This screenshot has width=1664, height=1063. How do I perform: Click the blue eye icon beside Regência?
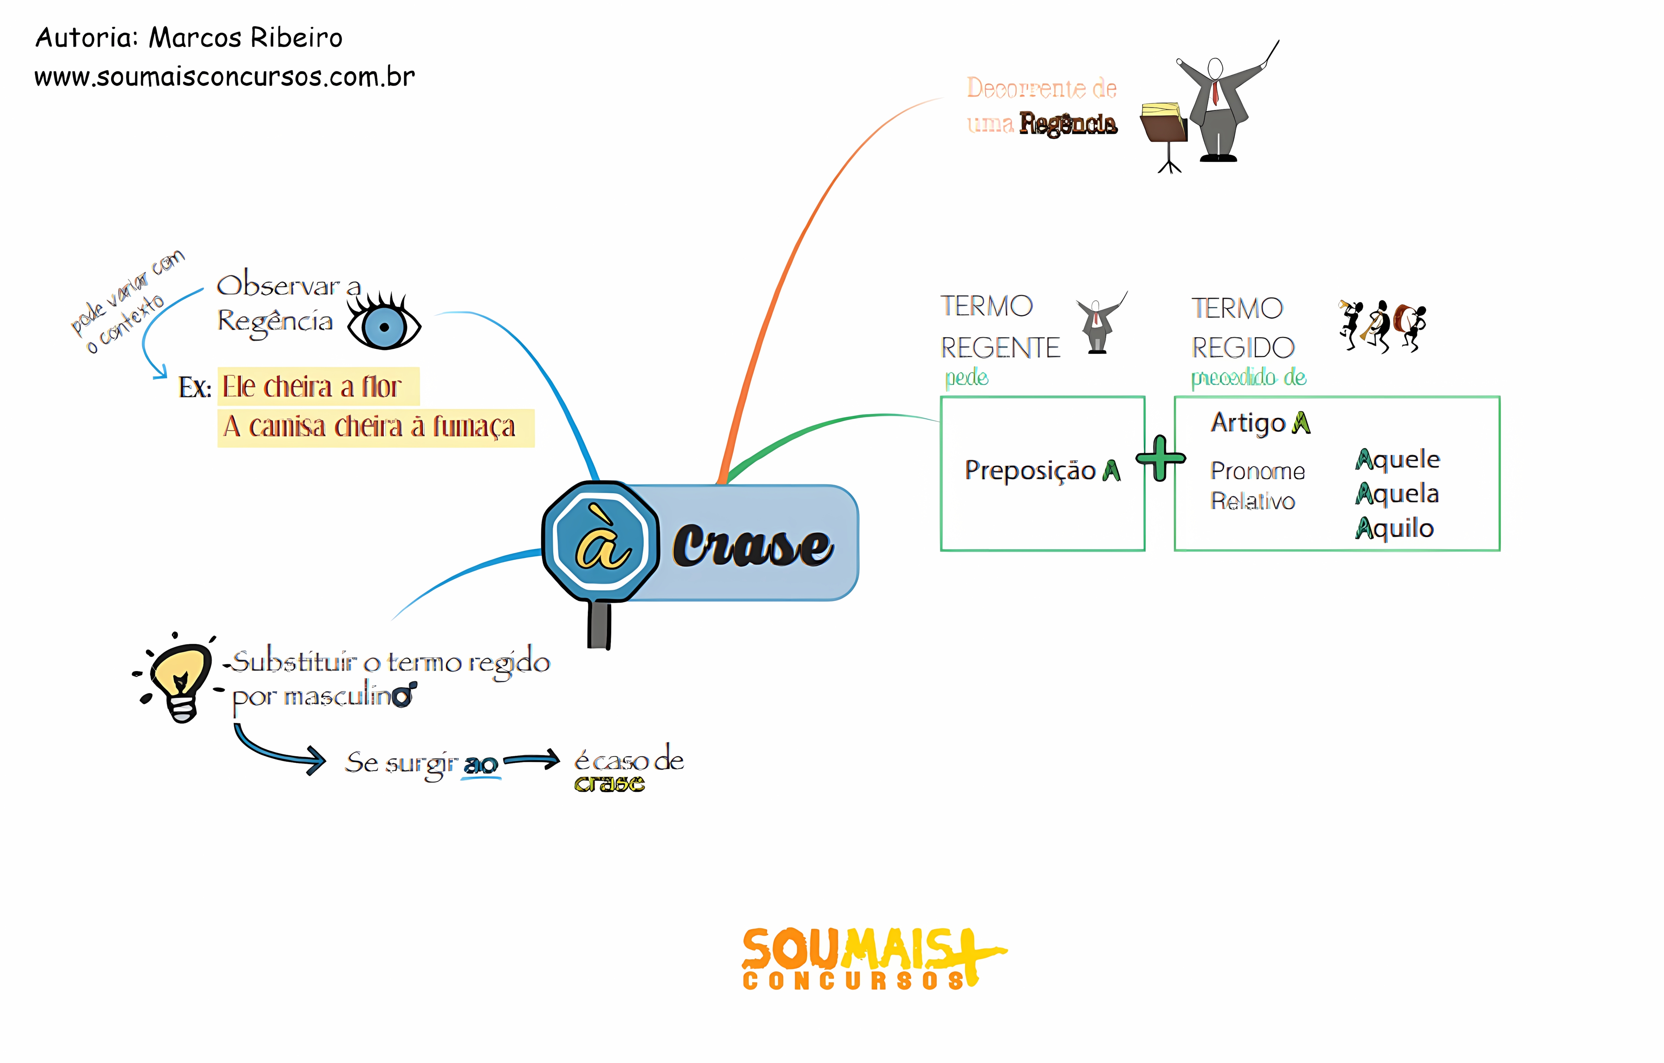[x=384, y=325]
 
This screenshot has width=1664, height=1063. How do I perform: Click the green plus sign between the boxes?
[x=1161, y=458]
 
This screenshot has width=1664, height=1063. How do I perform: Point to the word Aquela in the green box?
[x=1397, y=494]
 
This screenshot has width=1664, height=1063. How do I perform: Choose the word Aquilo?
[x=1395, y=528]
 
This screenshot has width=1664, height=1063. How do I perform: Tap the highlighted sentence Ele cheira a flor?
[x=312, y=387]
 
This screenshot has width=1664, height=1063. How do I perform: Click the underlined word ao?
[x=481, y=765]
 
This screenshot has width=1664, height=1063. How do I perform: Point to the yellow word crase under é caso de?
[x=609, y=784]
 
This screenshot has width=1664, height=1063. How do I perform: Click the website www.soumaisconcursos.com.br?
[x=225, y=77]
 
